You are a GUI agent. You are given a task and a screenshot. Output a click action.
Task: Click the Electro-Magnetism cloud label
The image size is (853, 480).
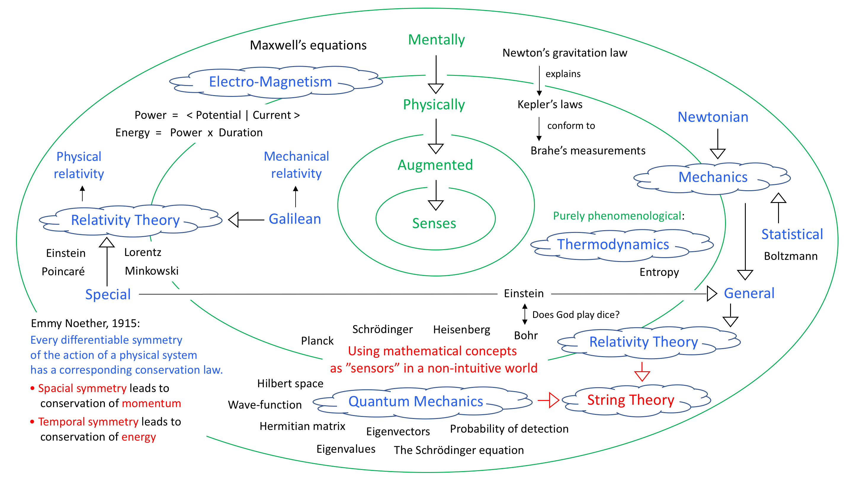(x=270, y=82)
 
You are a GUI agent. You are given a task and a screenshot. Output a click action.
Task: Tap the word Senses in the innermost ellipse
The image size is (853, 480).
(x=434, y=223)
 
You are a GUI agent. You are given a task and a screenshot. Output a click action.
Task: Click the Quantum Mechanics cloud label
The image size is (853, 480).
(x=416, y=401)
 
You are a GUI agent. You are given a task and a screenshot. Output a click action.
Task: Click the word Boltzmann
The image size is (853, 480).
(x=791, y=256)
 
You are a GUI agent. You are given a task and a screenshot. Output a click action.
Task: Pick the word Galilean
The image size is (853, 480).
(x=295, y=219)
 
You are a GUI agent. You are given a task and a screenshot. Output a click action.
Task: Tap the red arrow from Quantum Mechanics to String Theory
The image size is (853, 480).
(x=548, y=400)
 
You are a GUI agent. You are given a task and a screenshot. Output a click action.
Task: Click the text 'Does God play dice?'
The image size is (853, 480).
(x=575, y=314)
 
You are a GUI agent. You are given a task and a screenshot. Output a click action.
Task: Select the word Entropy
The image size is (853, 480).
(x=659, y=272)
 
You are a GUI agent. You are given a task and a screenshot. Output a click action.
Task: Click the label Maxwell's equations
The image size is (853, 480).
(x=308, y=45)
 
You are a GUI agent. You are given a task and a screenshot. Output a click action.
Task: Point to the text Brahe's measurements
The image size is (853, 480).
(x=588, y=151)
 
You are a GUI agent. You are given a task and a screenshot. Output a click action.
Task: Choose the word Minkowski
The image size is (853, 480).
(x=152, y=271)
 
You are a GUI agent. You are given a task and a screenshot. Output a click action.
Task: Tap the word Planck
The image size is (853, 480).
(x=317, y=341)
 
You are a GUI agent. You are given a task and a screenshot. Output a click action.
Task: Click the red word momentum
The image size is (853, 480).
(x=151, y=404)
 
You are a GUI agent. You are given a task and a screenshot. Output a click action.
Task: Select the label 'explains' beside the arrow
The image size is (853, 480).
(x=563, y=74)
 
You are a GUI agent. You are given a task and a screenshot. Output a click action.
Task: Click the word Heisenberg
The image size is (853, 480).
(x=462, y=329)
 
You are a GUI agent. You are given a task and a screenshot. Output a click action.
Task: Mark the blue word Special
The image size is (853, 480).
(x=108, y=294)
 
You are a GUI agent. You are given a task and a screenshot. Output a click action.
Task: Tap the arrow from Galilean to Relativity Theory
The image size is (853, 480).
(x=246, y=220)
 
